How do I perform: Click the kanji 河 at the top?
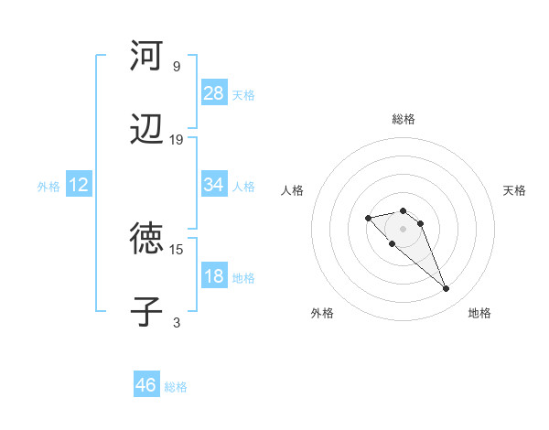click(x=146, y=56)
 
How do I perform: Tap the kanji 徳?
click(x=146, y=239)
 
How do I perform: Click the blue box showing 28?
click(x=214, y=93)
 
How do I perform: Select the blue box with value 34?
click(x=214, y=185)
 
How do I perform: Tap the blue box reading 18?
click(x=214, y=276)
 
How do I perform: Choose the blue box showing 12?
click(x=79, y=185)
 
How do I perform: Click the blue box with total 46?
click(x=146, y=385)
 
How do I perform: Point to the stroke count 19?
click(x=177, y=140)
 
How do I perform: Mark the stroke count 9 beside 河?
click(x=177, y=66)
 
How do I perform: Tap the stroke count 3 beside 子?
click(x=177, y=322)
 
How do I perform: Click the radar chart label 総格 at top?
click(x=404, y=119)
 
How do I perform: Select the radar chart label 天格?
click(x=514, y=190)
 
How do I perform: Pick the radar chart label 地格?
click(x=479, y=313)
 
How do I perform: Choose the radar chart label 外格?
click(x=322, y=313)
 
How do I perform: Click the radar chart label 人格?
click(x=293, y=190)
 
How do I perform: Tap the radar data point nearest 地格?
click(x=447, y=289)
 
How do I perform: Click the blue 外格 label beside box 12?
click(x=48, y=186)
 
